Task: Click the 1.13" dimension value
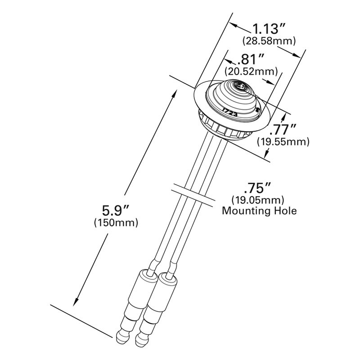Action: (x=269, y=29)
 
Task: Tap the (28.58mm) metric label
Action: (x=269, y=41)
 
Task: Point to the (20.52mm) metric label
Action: (x=250, y=71)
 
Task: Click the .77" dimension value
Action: (x=283, y=130)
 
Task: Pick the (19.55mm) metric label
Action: (x=283, y=142)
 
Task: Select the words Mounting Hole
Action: (x=260, y=210)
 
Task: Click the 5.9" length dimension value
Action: (x=115, y=210)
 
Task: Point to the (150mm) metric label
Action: (x=116, y=222)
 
